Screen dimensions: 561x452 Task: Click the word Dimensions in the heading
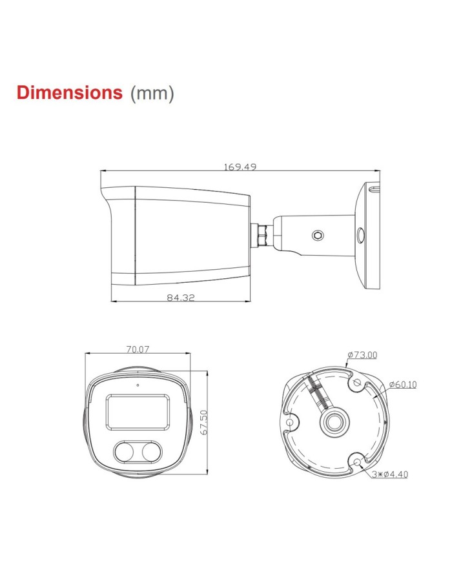coord(69,92)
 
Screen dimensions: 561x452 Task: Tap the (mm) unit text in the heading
coord(152,93)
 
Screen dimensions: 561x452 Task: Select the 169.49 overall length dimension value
coord(240,167)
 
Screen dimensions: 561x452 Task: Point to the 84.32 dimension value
coord(181,298)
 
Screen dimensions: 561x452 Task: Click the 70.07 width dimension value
coord(138,349)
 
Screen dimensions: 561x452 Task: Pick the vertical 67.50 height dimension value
coord(203,423)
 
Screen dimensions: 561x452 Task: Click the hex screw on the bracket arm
coord(317,236)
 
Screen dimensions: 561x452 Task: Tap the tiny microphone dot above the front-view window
coord(137,385)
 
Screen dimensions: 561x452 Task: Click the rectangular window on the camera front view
coord(137,412)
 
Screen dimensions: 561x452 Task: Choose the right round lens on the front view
coord(150,453)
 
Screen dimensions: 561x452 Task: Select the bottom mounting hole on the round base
coord(357,460)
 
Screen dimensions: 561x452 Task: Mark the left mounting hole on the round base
coord(291,423)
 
